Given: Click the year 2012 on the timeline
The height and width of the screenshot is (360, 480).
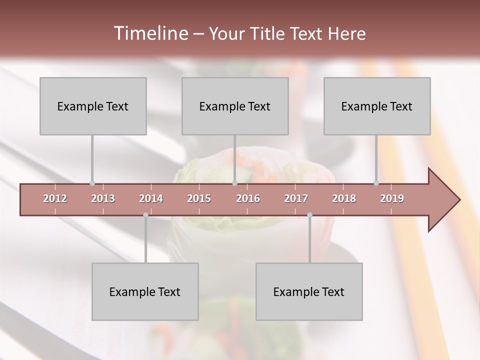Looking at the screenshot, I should coord(55,198).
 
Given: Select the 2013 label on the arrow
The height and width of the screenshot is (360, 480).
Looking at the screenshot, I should coord(103,198).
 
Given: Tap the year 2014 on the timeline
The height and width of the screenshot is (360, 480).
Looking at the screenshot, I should coord(151,198).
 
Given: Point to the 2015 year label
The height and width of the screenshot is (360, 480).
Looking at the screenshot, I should coord(199,198).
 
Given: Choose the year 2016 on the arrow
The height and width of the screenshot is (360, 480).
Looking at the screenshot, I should coord(248,198).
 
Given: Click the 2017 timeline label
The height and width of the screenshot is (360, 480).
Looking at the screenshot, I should coord(296,198).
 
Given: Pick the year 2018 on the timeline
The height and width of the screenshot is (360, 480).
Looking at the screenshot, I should coord(344,198).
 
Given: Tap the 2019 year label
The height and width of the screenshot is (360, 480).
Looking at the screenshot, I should coord(392,198).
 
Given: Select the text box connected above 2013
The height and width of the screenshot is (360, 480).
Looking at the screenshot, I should coord(93,106).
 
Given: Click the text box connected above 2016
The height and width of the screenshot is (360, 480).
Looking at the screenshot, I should coord(235,106).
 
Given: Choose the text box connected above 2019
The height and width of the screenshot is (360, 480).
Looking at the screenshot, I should coord(377,106).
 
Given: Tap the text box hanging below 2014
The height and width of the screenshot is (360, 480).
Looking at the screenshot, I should coord(145,291).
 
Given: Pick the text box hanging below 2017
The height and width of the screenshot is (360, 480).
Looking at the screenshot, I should coord(309,291).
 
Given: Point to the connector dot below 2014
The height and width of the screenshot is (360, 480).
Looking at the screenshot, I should coord(145,215).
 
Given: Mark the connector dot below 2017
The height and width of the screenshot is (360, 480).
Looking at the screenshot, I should coord(309,215).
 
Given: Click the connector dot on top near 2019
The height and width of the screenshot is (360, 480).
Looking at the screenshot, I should coord(376,183).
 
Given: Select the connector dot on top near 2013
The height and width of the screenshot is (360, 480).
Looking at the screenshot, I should coord(92,183).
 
